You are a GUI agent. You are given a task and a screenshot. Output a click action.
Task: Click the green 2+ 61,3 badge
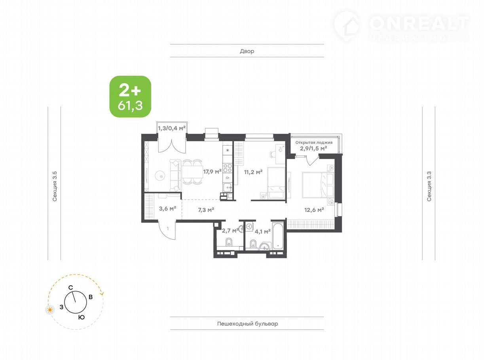coord(130,97)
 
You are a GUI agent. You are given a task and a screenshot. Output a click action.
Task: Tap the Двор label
coord(247,51)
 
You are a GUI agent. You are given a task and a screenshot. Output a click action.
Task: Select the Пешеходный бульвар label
coord(247,324)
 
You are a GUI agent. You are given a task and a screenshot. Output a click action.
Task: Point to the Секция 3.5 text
coord(55,186)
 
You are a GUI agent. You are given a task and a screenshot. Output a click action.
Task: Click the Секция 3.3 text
coord(429,186)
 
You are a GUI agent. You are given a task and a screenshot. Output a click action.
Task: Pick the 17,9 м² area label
coord(212,171)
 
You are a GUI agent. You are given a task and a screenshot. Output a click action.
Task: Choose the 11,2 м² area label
coord(253,172)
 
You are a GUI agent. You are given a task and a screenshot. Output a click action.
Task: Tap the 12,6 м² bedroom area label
coord(314,210)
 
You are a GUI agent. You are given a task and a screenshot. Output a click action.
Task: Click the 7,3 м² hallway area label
coord(206,210)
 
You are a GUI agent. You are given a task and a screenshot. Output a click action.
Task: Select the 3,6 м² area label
coord(167,208)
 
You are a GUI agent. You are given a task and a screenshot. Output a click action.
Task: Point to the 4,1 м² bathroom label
coord(262,231)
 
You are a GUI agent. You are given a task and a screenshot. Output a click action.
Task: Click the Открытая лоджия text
coord(314,142)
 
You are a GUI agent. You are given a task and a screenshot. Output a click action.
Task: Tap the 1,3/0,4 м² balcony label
coord(172,128)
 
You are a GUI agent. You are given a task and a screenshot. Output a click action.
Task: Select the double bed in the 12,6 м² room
coord(318,185)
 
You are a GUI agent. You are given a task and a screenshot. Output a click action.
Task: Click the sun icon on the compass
coord(50,310)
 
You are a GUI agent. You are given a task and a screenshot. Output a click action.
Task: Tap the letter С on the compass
coord(70,288)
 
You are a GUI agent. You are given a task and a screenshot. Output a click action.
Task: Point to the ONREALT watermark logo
coord(402,26)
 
